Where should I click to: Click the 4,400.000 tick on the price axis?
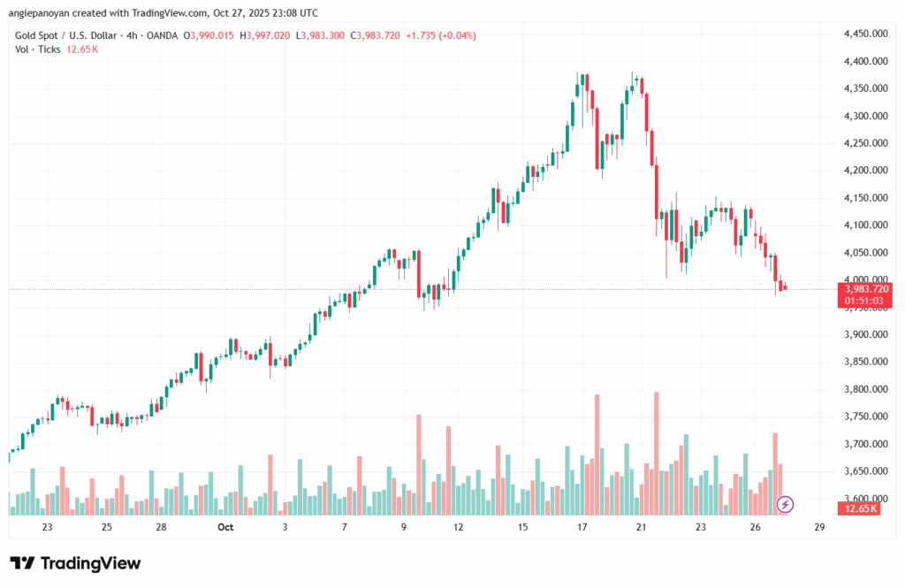coord(866,61)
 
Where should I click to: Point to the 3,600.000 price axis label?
coord(866,499)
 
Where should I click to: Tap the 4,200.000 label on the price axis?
coord(866,171)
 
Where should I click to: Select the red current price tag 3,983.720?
coord(867,289)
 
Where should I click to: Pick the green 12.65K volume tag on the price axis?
coord(861,508)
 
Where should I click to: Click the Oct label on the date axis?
coord(225,527)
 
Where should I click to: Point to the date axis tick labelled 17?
coord(582,527)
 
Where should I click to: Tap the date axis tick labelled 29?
coord(819,527)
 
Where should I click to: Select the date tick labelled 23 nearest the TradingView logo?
coord(47,527)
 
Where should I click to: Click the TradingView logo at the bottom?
coord(75,563)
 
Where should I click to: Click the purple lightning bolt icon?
coord(786,505)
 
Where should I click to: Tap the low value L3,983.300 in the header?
coord(321,34)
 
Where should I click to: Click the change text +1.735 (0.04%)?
coord(439,34)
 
